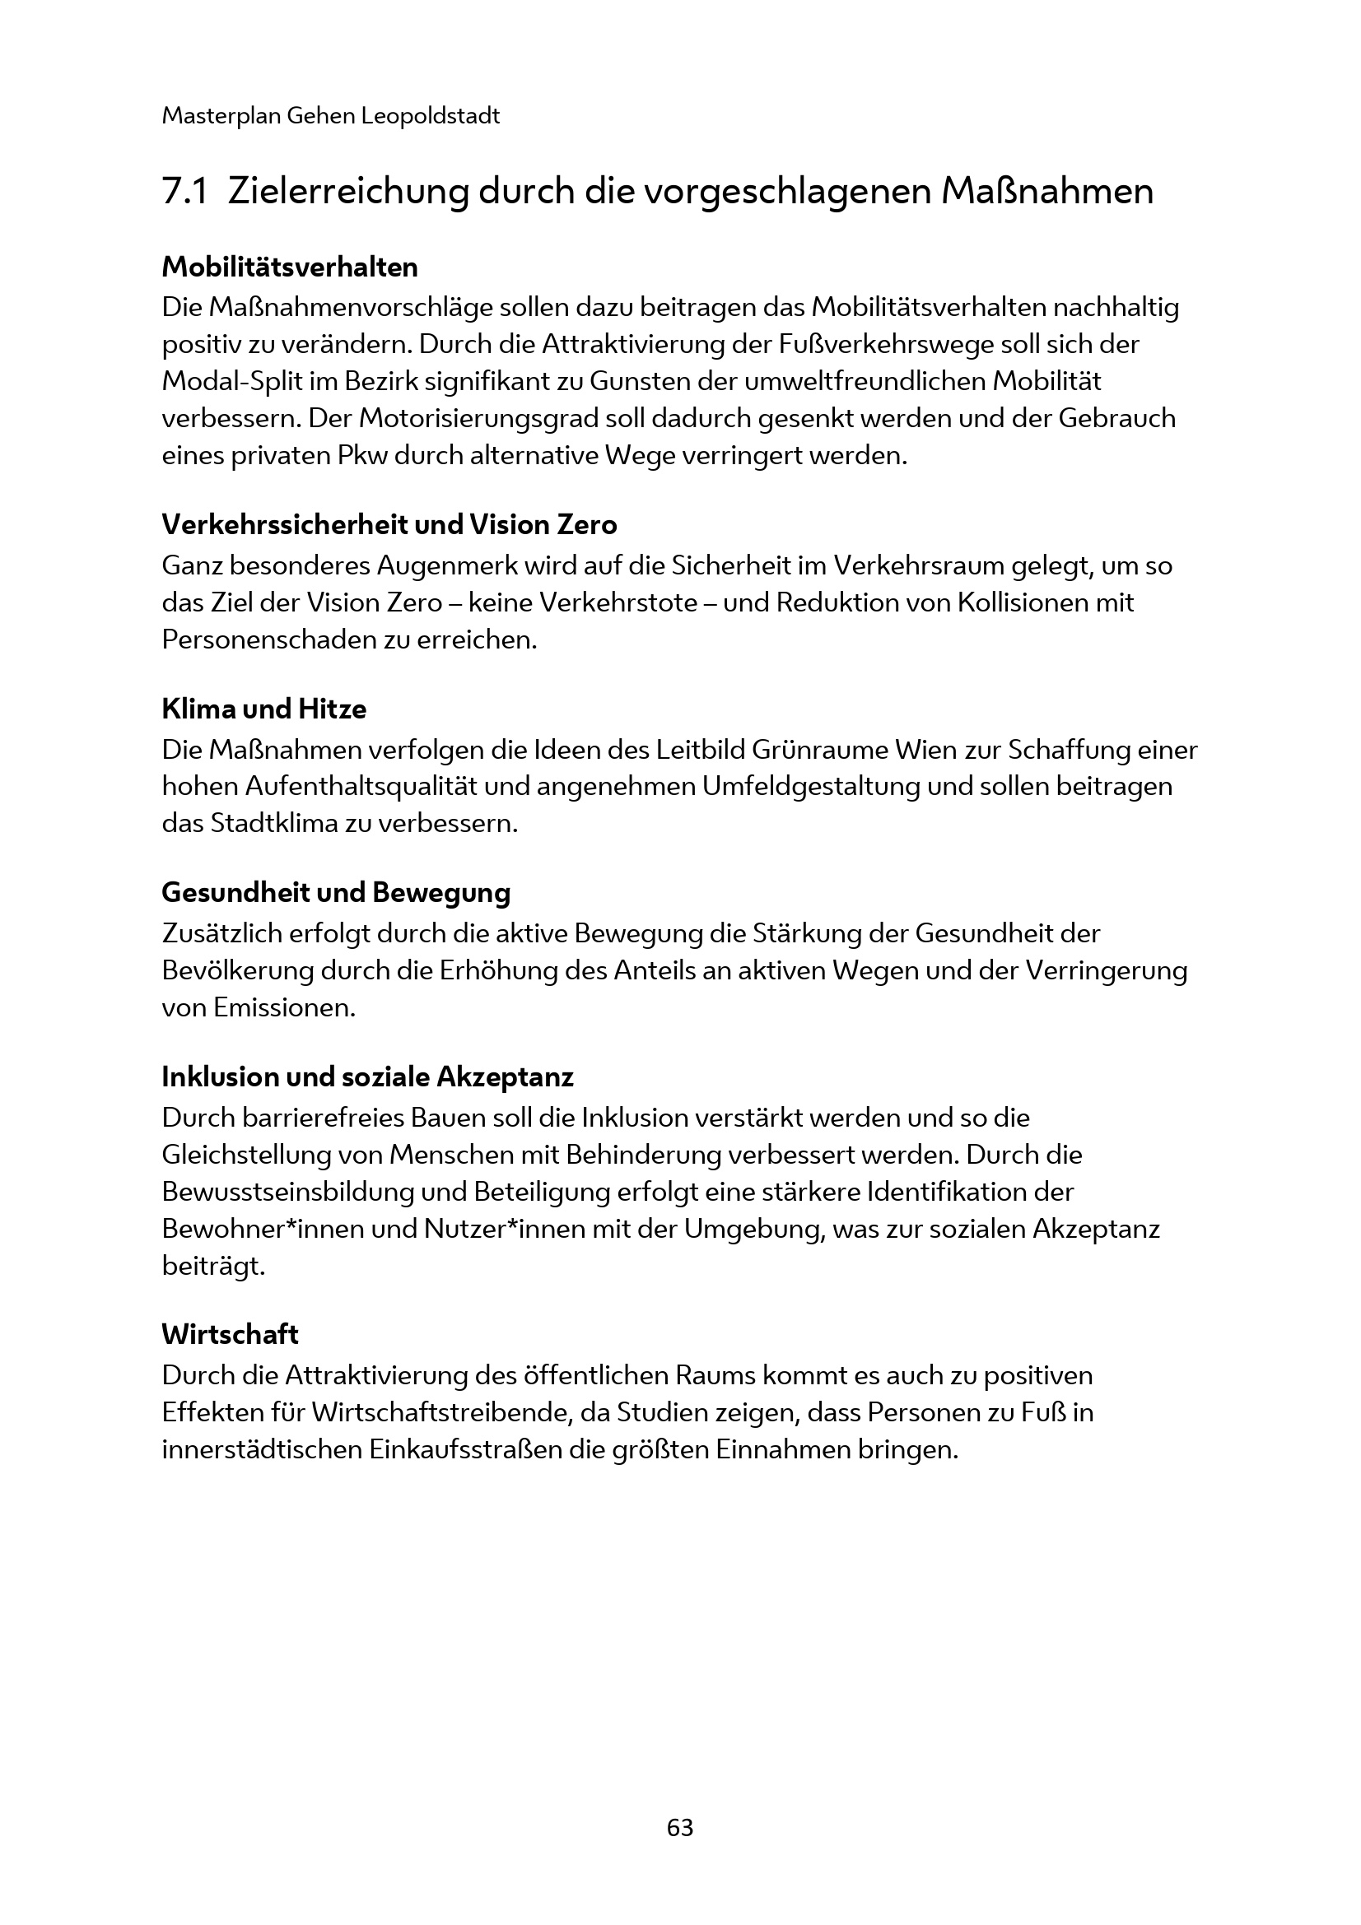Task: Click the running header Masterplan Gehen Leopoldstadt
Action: (330, 116)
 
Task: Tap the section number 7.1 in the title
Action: (184, 192)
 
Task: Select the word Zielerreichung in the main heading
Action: (347, 192)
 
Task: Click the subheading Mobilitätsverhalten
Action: (289, 267)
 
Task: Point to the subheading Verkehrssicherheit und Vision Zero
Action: (389, 525)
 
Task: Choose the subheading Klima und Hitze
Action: (263, 709)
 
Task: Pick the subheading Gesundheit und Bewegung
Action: (335, 893)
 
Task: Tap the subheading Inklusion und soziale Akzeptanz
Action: (367, 1076)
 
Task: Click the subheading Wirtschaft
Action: (230, 1335)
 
